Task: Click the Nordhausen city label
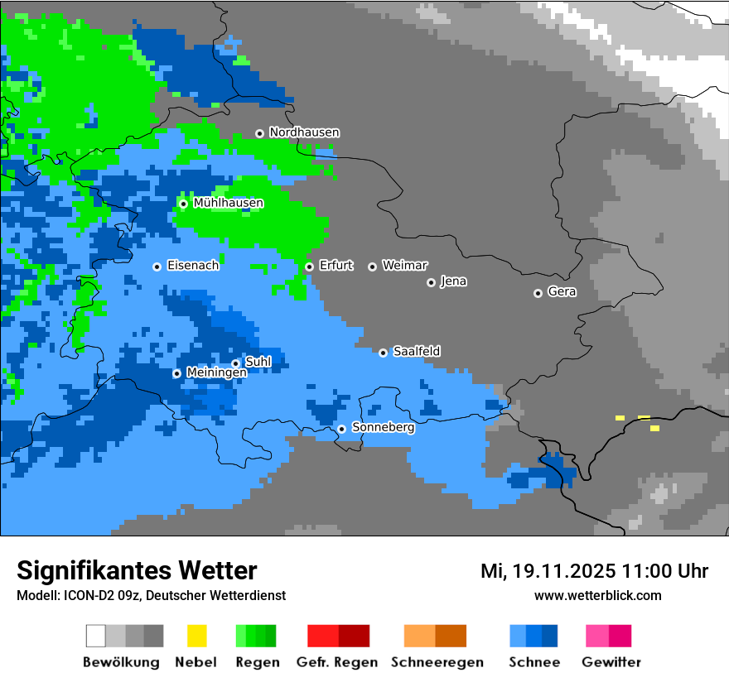(304, 132)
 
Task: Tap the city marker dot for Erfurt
(309, 267)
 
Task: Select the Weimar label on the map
(404, 266)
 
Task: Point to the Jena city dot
(431, 282)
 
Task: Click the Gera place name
(562, 292)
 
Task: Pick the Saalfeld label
(416, 352)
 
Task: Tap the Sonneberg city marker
(341, 429)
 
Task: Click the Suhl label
(258, 362)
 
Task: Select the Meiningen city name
(216, 373)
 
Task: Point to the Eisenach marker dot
(157, 267)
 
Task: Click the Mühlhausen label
(228, 203)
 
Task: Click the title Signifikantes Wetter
(137, 570)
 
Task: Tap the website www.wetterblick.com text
(597, 595)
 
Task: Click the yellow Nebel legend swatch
(196, 636)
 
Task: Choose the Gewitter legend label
(611, 662)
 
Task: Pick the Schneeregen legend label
(437, 662)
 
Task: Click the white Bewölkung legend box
(96, 636)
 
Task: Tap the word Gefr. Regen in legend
(336, 662)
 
